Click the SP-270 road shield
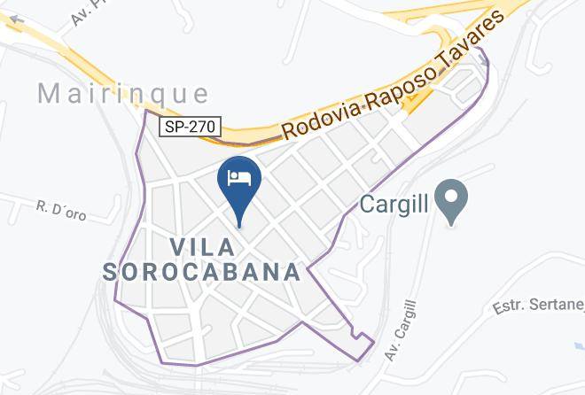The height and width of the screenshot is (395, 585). (x=190, y=128)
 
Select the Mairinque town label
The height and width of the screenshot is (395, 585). (x=123, y=93)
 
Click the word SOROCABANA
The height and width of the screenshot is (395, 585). (x=202, y=271)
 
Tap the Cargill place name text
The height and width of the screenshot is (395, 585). (x=394, y=205)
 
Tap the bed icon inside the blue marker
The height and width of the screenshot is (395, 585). (x=239, y=177)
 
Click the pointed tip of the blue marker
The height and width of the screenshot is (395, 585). (x=239, y=226)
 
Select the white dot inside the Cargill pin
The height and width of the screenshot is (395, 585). (x=452, y=194)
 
